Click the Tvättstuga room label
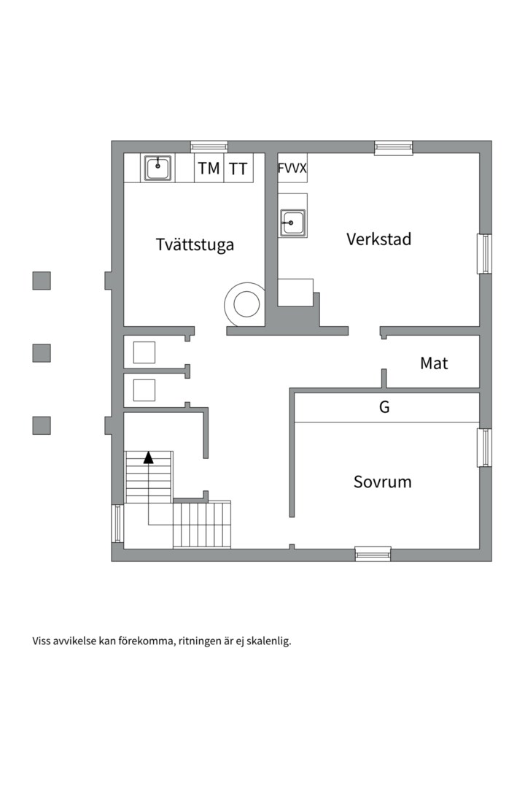195,244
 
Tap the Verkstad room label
378,239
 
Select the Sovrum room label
382,482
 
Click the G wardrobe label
384,408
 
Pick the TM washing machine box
209,169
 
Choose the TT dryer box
238,169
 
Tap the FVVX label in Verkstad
292,169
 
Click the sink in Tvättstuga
157,168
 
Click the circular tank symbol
244,303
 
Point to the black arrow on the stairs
149,457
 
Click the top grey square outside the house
42,280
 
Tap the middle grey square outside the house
42,353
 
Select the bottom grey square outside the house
42,425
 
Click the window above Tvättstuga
209,146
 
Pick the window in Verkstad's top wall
394,147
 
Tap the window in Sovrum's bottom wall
373,554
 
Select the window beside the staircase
117,523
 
